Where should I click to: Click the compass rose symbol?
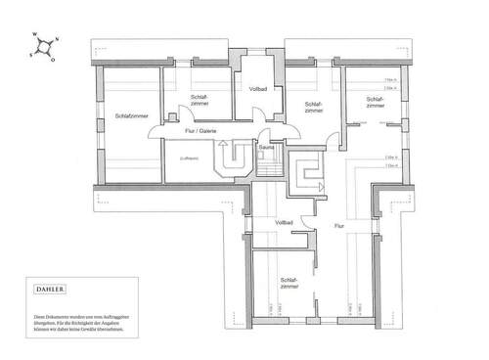click(44, 47)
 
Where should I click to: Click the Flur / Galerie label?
click(200, 131)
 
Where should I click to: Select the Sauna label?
click(266, 148)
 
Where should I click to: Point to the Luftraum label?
click(190, 157)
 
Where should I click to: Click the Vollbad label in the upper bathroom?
click(258, 90)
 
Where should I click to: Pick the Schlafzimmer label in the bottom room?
click(289, 282)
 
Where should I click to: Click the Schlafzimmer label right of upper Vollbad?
click(314, 107)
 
